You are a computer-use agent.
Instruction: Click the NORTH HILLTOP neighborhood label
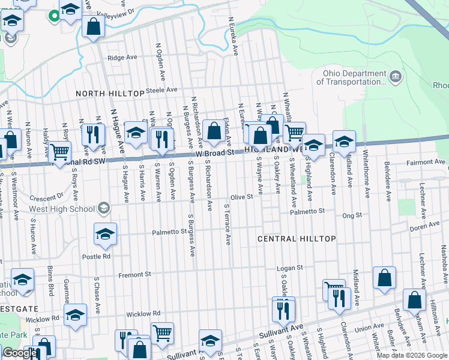coord(110,94)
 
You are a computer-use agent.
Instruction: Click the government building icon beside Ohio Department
coord(395,76)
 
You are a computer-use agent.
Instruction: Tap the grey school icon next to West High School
coord(104,208)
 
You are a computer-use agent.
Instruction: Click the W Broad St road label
coord(209,153)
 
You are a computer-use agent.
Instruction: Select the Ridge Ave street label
coord(122,58)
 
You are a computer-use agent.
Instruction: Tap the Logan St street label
coord(290,268)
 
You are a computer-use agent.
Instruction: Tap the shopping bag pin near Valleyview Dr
coord(93,26)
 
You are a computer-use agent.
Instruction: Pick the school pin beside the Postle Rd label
coord(106,234)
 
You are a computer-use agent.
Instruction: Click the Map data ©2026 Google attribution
coord(412,355)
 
